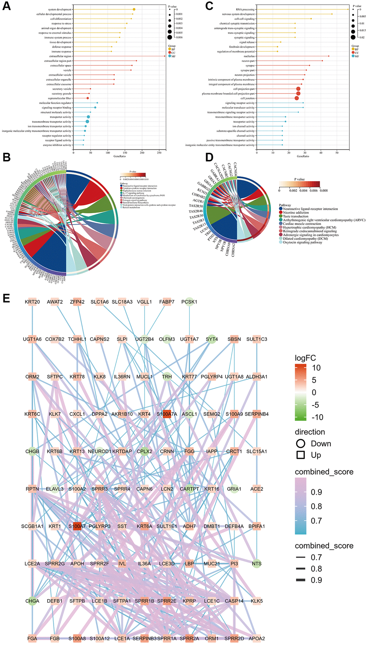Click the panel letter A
pyautogui.click(x=6, y=6)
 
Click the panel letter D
pyautogui.click(x=209, y=158)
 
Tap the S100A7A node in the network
pyautogui.click(x=167, y=414)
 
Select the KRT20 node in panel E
pyautogui.click(x=32, y=302)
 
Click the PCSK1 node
pyautogui.click(x=189, y=302)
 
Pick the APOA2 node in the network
pyautogui.click(x=257, y=638)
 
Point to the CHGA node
pyautogui.click(x=32, y=601)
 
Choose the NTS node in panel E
pyautogui.click(x=257, y=563)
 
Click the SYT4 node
pyautogui.click(x=212, y=339)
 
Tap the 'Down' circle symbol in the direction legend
pyautogui.click(x=301, y=443)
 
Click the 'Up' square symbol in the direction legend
pyautogui.click(x=301, y=455)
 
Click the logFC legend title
pyautogui.click(x=305, y=358)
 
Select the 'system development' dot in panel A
pyautogui.click(x=134, y=9)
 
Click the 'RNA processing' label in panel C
pyautogui.click(x=245, y=9)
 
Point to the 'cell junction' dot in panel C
pyautogui.click(x=297, y=98)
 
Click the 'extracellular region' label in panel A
pyautogui.click(x=60, y=56)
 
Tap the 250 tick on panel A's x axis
pyautogui.click(x=159, y=153)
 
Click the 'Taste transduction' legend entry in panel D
pyautogui.click(x=295, y=216)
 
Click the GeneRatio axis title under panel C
pyautogui.click(x=303, y=156)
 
